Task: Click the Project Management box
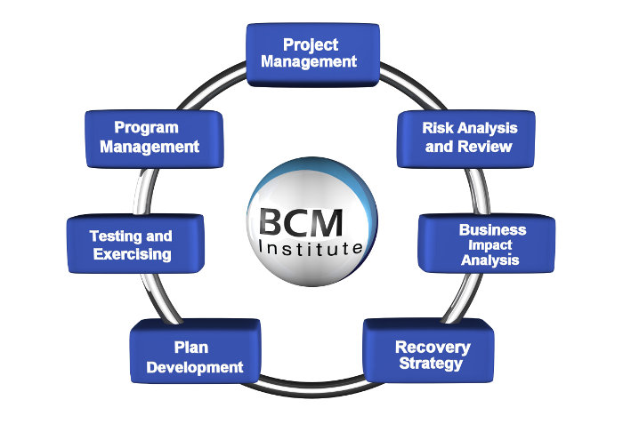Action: click(312, 55)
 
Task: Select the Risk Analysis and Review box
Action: click(466, 139)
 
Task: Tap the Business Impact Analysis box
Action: click(486, 244)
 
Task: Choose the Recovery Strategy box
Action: click(428, 350)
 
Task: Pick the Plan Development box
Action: click(195, 351)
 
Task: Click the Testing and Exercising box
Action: click(135, 244)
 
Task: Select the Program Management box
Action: click(154, 139)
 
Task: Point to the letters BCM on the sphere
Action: click(301, 222)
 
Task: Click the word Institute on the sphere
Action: click(311, 248)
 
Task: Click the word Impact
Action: click(489, 245)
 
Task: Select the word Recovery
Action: click(433, 348)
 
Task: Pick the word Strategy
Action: click(431, 364)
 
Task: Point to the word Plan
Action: click(191, 348)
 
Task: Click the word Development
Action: click(195, 367)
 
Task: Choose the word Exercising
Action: click(133, 254)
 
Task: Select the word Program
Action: click(146, 128)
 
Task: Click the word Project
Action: click(311, 44)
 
